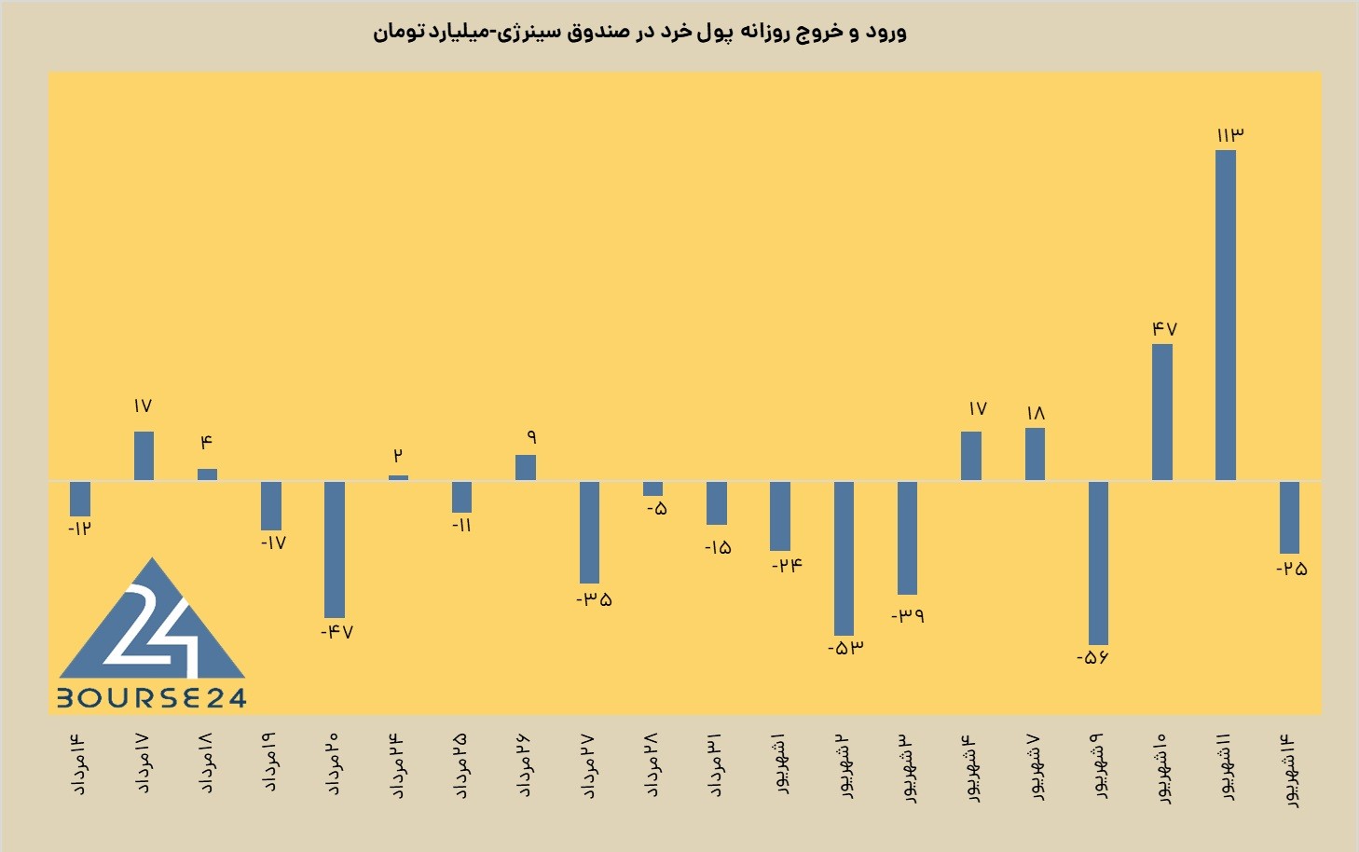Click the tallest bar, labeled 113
1226,316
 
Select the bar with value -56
1098,563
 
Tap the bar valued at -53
844,558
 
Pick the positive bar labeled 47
1161,413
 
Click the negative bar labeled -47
335,550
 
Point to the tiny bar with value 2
398,478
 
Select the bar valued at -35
589,532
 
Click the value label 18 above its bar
1036,414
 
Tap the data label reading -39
908,616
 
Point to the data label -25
1291,570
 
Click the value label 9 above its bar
531,437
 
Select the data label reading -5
656,509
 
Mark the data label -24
787,566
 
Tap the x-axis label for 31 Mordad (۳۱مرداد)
716,764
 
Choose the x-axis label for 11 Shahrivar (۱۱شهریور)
1226,768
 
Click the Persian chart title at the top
640,32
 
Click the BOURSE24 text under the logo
152,698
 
